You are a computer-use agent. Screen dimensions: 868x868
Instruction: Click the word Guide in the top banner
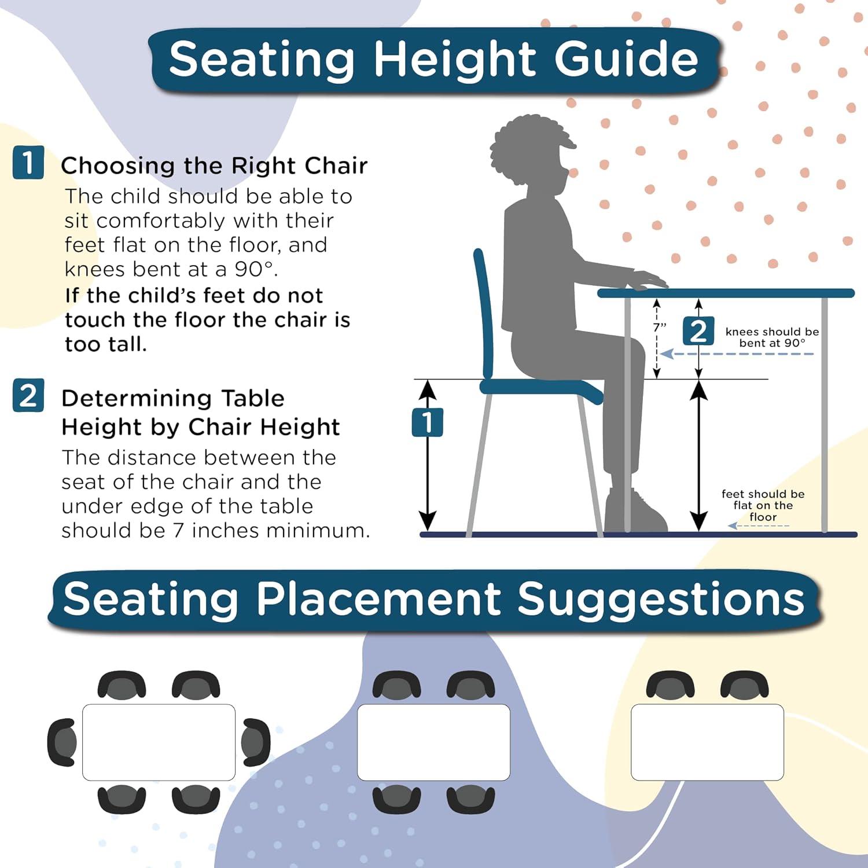tap(626, 59)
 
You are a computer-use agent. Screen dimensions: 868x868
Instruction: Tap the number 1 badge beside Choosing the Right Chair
tap(28, 163)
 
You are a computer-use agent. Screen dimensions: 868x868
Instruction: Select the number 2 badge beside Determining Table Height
tap(28, 396)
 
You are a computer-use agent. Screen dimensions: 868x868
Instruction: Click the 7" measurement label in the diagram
tap(660, 327)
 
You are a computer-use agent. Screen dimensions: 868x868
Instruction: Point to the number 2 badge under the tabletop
tap(698, 332)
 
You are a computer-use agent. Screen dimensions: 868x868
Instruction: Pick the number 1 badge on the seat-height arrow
tap(427, 422)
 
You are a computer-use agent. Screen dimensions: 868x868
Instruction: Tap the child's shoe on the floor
tap(637, 512)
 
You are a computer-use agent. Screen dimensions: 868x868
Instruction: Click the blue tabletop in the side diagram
tap(726, 293)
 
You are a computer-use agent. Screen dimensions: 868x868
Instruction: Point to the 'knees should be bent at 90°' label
tap(772, 337)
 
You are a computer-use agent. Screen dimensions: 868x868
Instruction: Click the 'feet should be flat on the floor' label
tap(763, 505)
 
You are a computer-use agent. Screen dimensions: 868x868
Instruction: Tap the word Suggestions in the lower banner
tap(660, 599)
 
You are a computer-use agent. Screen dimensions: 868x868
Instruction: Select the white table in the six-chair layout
tap(159, 742)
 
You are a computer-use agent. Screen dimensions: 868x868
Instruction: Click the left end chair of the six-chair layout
tap(62, 742)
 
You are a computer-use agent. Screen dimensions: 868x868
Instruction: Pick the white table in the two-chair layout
tap(707, 742)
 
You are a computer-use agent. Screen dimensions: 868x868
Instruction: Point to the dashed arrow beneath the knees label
tap(737, 354)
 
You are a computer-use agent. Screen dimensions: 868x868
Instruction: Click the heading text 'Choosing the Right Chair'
tap(214, 166)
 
